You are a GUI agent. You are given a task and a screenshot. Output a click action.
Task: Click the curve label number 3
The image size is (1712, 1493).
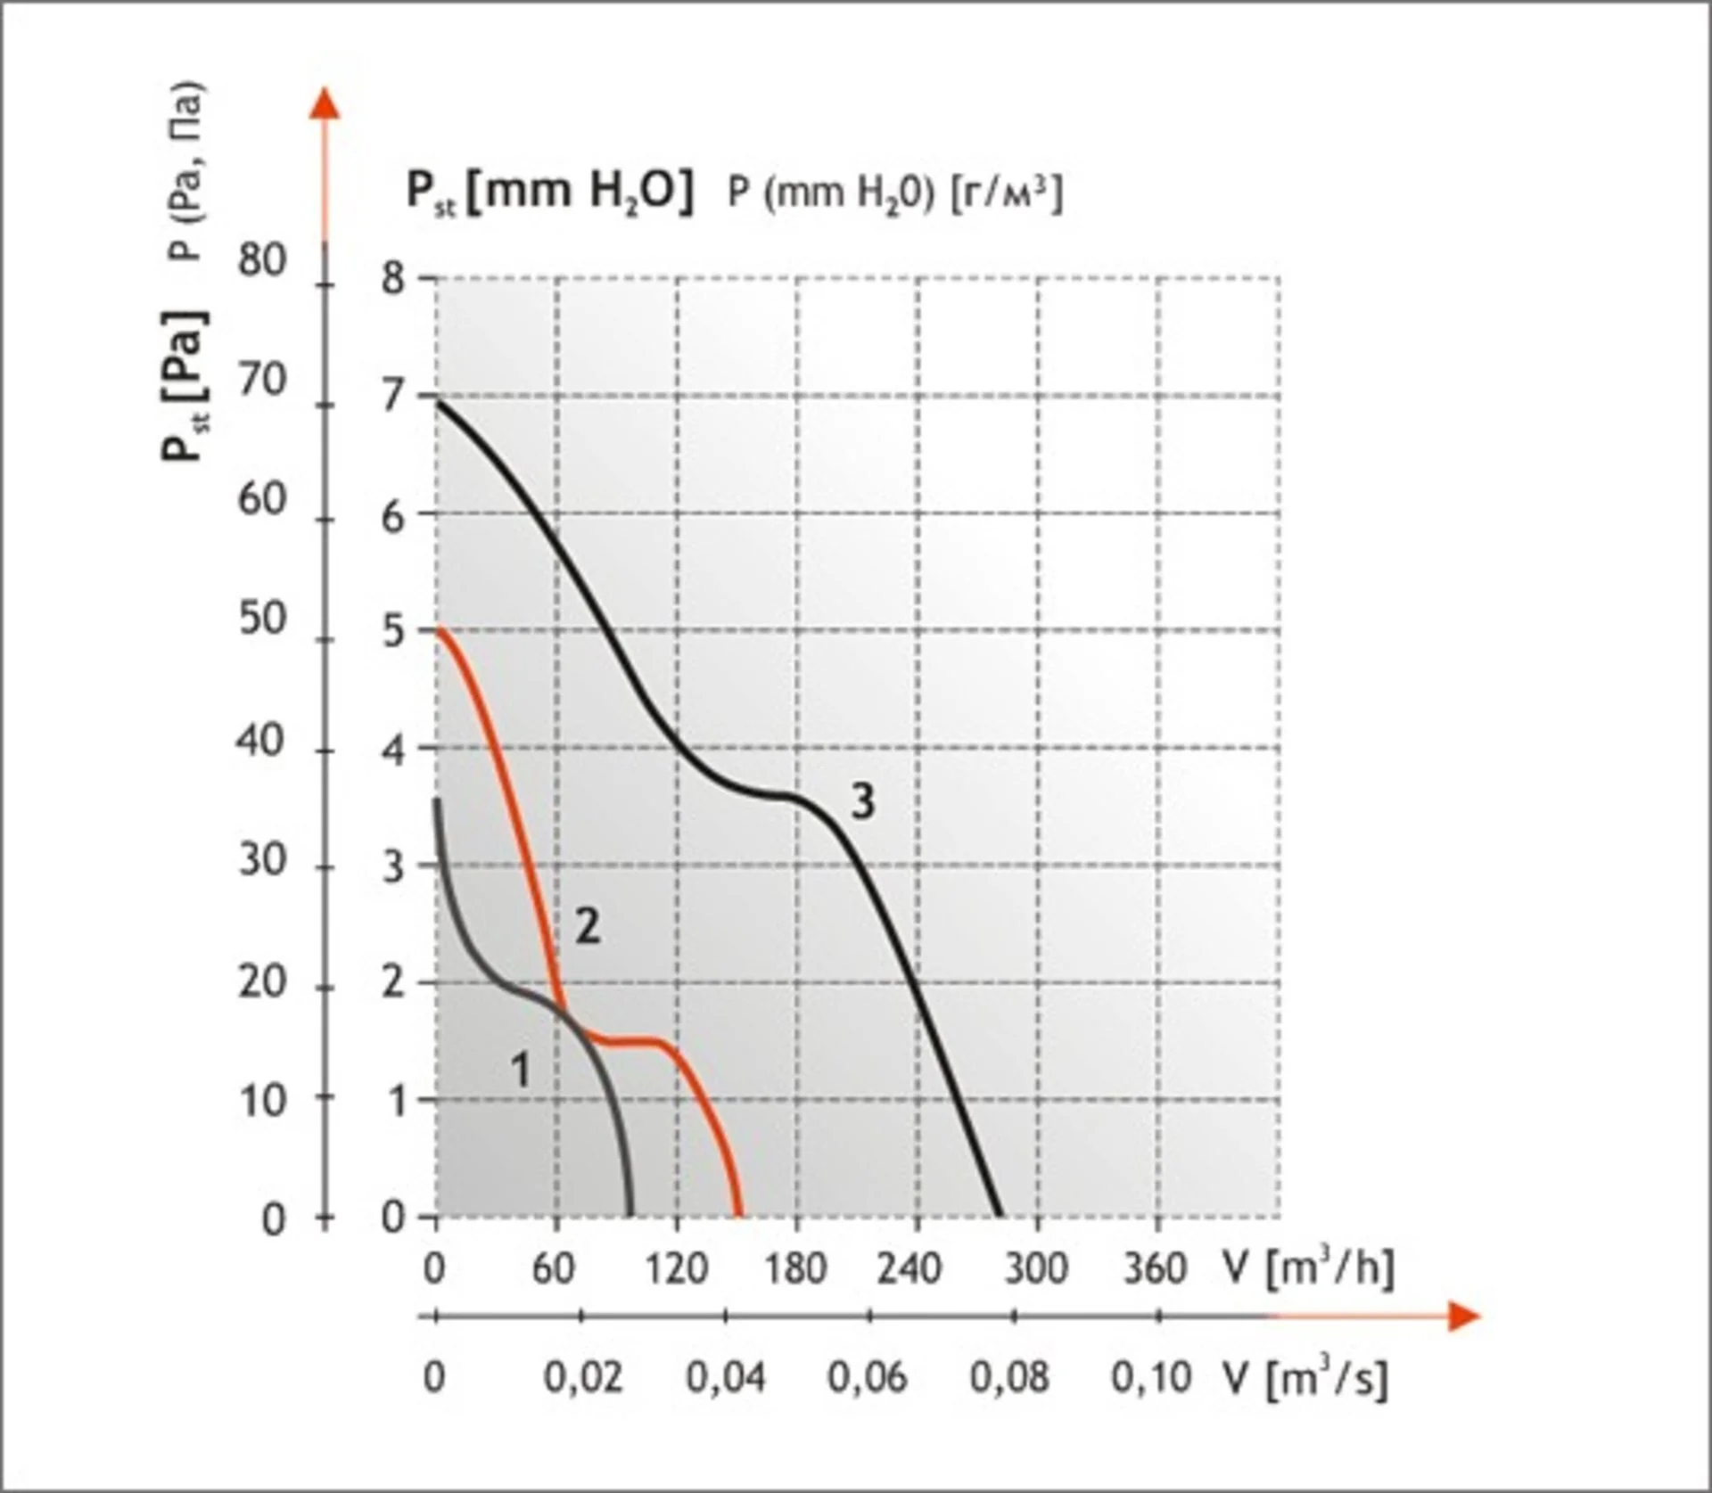click(x=862, y=802)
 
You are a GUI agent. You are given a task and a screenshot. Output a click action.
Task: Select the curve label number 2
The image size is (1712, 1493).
click(x=587, y=927)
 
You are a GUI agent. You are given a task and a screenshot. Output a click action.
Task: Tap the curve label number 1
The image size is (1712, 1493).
click(x=521, y=1069)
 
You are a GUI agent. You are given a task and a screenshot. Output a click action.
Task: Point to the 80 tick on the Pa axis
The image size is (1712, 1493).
click(x=261, y=261)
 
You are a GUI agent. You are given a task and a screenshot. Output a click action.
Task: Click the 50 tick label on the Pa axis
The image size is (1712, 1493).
click(x=261, y=619)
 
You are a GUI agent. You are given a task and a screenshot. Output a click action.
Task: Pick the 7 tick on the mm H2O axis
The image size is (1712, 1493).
click(x=392, y=396)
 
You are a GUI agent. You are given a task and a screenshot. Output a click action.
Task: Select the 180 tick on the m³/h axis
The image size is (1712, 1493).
click(x=795, y=1267)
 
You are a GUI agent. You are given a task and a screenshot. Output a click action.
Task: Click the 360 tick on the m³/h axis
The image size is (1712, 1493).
click(x=1155, y=1267)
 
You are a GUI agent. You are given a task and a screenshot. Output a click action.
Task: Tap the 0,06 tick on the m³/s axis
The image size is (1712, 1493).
click(x=867, y=1378)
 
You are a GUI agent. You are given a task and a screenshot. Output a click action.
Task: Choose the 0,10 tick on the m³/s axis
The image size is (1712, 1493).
click(x=1151, y=1378)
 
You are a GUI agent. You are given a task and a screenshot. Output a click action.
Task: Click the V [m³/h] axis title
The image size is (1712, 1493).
click(x=1309, y=1267)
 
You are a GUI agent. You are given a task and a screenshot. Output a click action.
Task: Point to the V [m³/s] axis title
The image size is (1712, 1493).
click(x=1307, y=1378)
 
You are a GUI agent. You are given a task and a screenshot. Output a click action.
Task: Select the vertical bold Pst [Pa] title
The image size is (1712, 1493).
click(x=185, y=385)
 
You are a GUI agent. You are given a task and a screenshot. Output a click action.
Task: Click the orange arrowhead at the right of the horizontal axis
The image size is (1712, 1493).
click(x=1463, y=1316)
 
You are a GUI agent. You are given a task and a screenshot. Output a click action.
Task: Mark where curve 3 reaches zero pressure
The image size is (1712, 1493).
click(x=999, y=1216)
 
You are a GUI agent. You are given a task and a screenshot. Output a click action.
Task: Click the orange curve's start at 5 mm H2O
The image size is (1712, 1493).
click(x=439, y=630)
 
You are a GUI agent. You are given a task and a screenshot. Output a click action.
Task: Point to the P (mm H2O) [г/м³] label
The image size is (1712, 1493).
click(x=895, y=193)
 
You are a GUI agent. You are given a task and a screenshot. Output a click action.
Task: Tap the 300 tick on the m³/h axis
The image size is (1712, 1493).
click(x=1036, y=1267)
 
